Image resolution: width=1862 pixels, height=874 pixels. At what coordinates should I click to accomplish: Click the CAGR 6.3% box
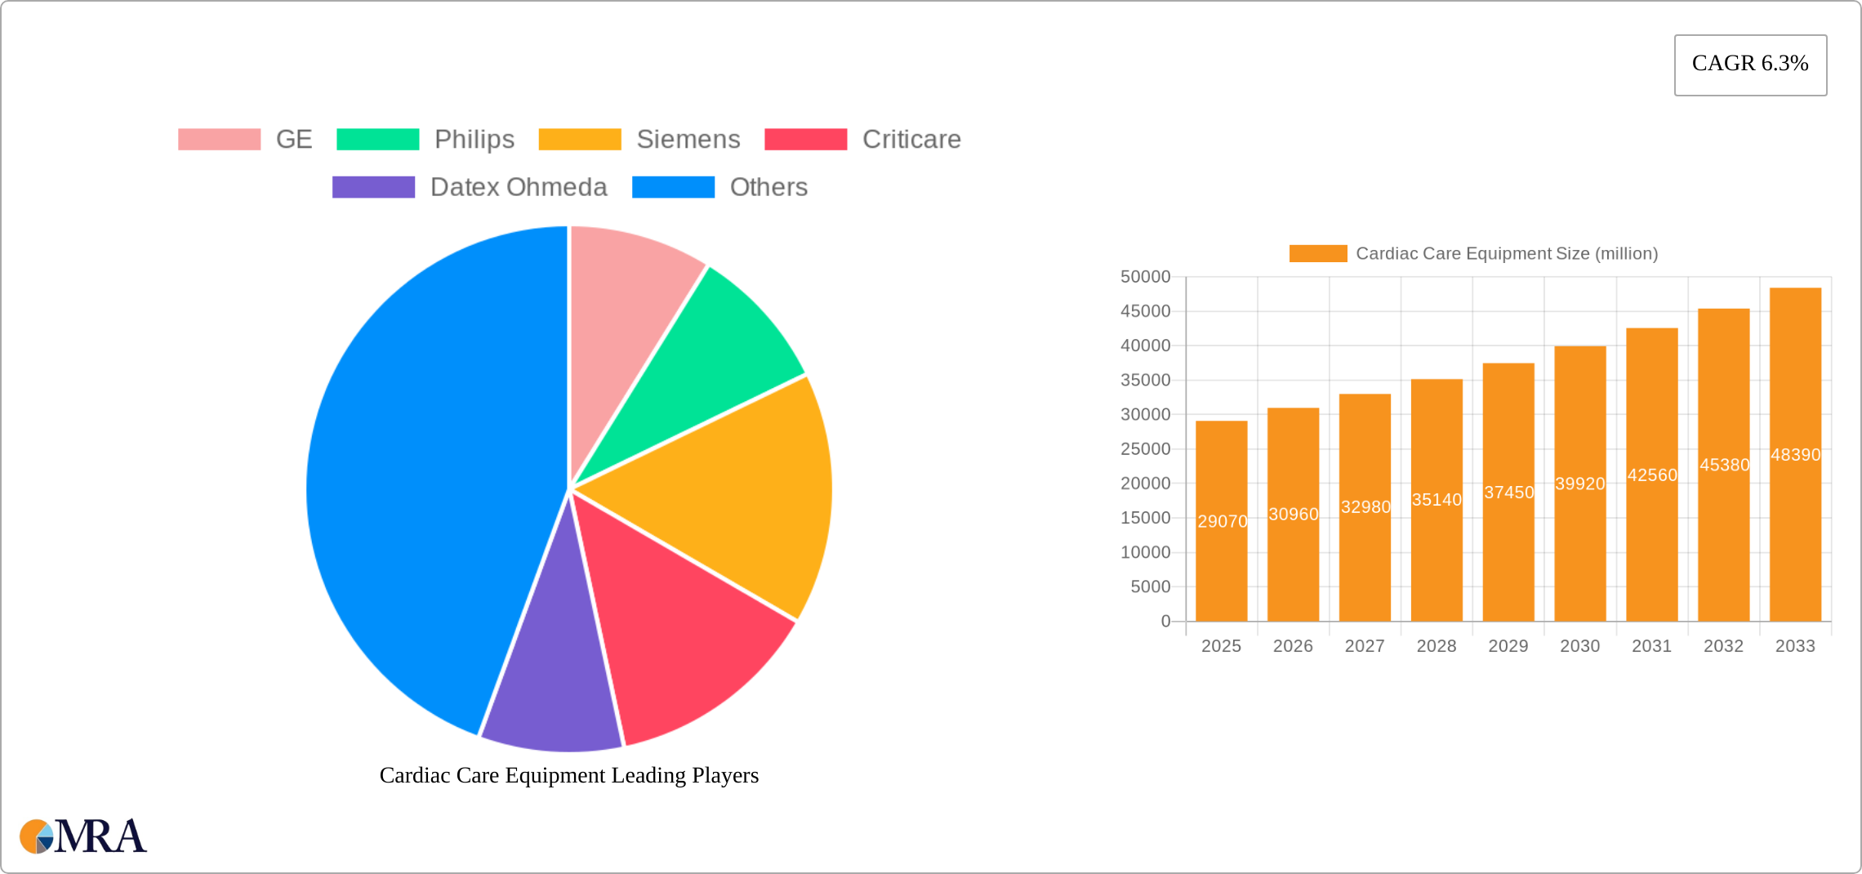[1750, 65]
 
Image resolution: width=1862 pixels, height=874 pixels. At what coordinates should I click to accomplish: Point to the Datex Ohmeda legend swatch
[374, 187]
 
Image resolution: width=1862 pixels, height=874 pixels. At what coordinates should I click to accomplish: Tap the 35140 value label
[1437, 499]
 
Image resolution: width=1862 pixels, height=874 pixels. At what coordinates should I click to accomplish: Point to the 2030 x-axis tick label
[1579, 646]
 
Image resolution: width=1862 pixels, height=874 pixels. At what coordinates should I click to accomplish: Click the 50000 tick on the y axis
[1145, 277]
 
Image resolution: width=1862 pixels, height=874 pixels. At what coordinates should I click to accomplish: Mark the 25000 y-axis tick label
[1145, 449]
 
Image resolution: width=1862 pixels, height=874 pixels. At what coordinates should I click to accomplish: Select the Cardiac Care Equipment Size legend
[1474, 253]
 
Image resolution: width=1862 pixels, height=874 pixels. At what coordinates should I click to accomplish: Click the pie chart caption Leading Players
[569, 775]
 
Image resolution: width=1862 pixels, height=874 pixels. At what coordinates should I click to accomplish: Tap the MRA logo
[83, 836]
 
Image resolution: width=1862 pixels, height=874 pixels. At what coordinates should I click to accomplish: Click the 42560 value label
[1652, 475]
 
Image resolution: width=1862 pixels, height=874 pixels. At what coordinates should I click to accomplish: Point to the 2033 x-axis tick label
[1795, 646]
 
